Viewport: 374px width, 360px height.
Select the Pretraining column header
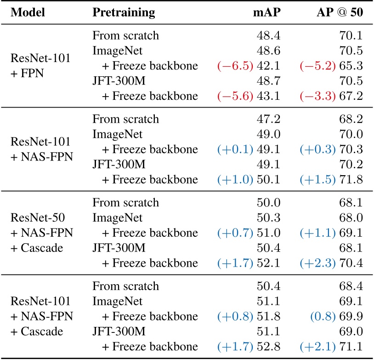pos(124,12)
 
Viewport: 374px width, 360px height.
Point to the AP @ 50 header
pos(336,12)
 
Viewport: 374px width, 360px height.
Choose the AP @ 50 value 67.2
pos(351,96)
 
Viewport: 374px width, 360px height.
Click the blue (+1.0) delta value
pos(235,180)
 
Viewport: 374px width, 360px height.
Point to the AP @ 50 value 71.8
pos(351,180)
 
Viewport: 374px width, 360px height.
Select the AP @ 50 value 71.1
pos(351,347)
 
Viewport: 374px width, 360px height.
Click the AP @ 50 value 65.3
pos(351,66)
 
